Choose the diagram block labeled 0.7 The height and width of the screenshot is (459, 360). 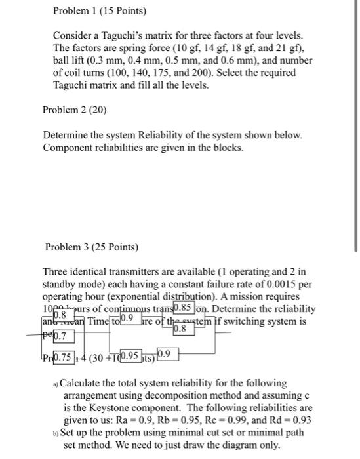65,336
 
